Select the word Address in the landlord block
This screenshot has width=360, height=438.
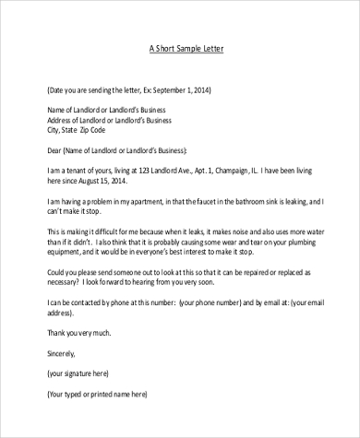63,119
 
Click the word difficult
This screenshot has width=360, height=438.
106,231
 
